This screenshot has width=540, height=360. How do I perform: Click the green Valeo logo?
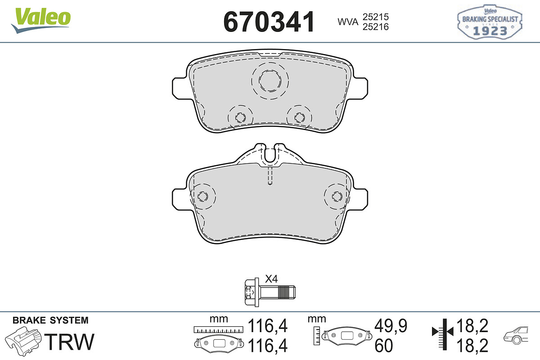41,21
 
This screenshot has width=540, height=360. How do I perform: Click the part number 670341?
269,22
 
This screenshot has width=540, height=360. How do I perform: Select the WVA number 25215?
376,17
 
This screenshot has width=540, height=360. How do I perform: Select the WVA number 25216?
376,27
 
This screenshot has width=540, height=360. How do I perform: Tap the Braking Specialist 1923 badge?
490,22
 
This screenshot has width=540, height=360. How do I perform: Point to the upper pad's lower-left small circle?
240,117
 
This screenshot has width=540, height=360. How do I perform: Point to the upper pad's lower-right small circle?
299,117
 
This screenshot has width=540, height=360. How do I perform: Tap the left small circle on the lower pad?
202,197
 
